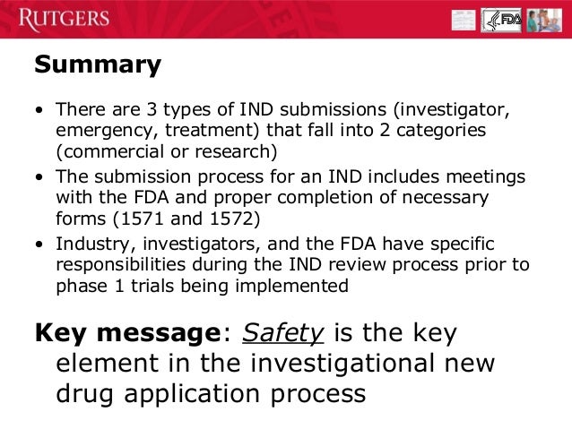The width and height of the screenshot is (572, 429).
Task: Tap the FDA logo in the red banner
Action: tap(501, 20)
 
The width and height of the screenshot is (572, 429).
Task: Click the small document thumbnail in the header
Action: tap(464, 20)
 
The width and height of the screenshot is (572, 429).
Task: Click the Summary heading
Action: tap(98, 64)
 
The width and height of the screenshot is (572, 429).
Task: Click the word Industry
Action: tap(90, 245)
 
